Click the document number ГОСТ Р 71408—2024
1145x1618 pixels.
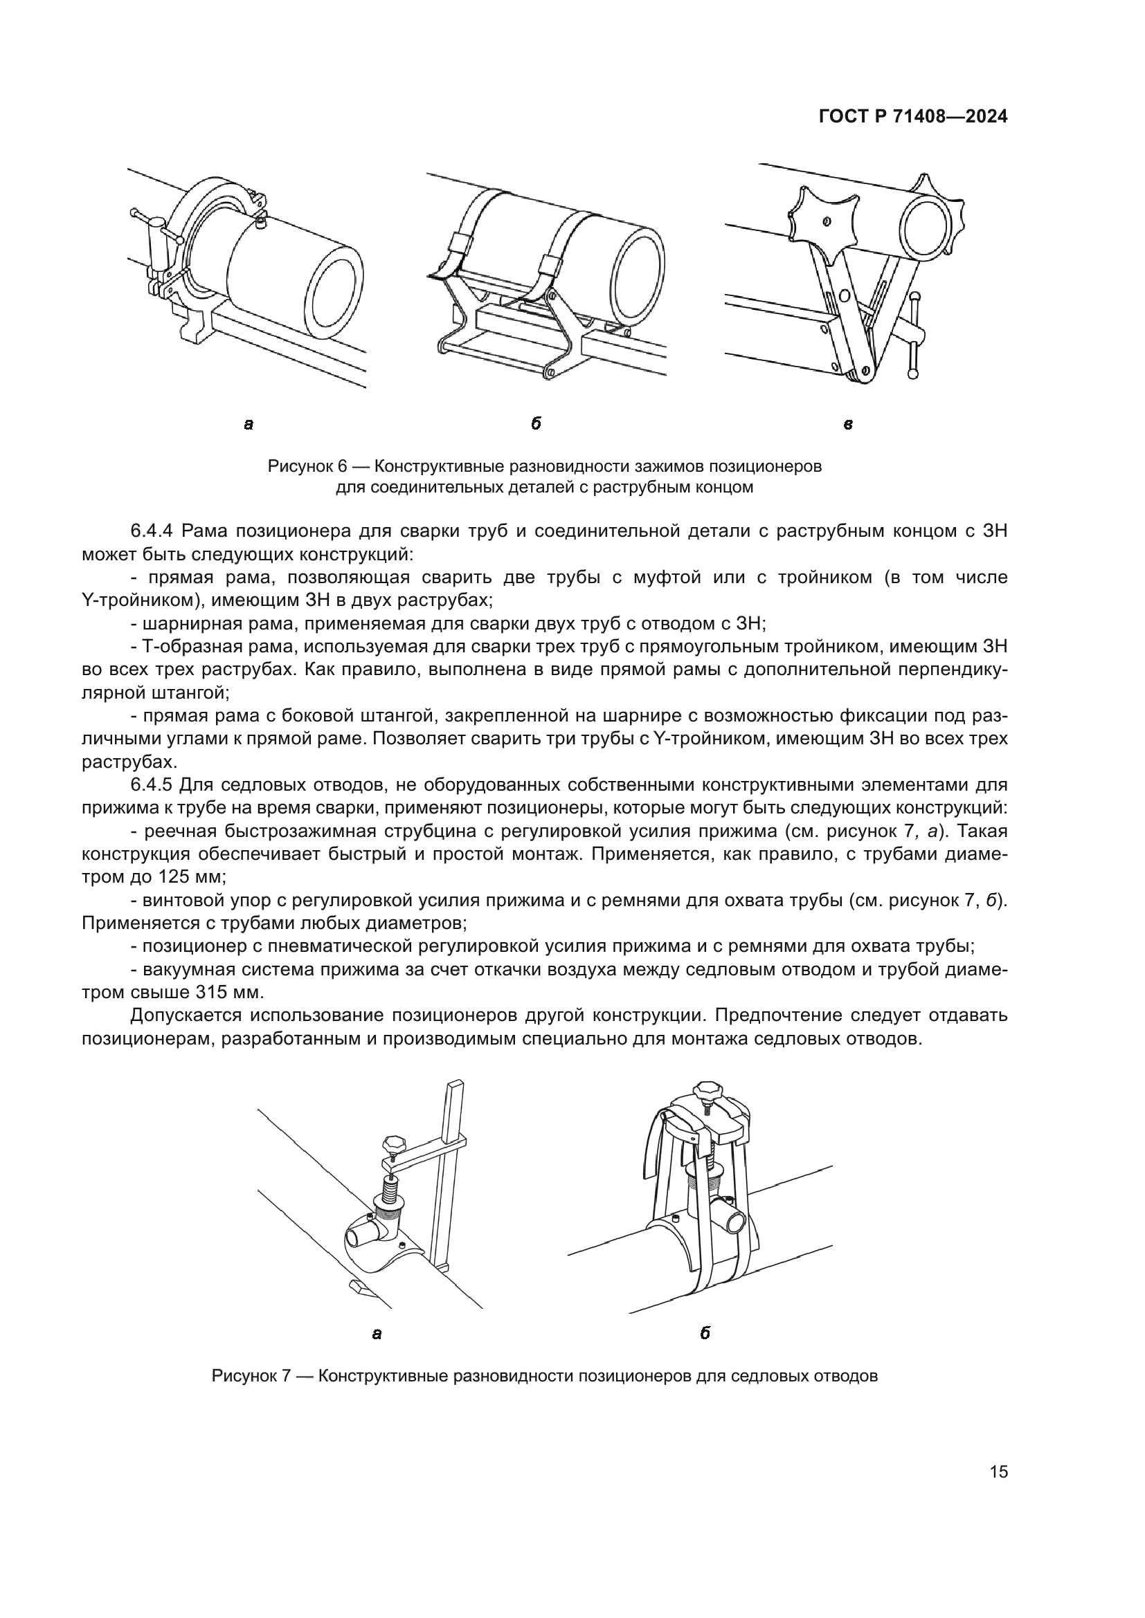(x=912, y=118)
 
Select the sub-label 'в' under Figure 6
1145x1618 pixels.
(x=848, y=424)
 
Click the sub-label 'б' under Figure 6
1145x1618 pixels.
(x=536, y=423)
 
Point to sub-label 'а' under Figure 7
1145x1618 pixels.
(x=377, y=1333)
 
